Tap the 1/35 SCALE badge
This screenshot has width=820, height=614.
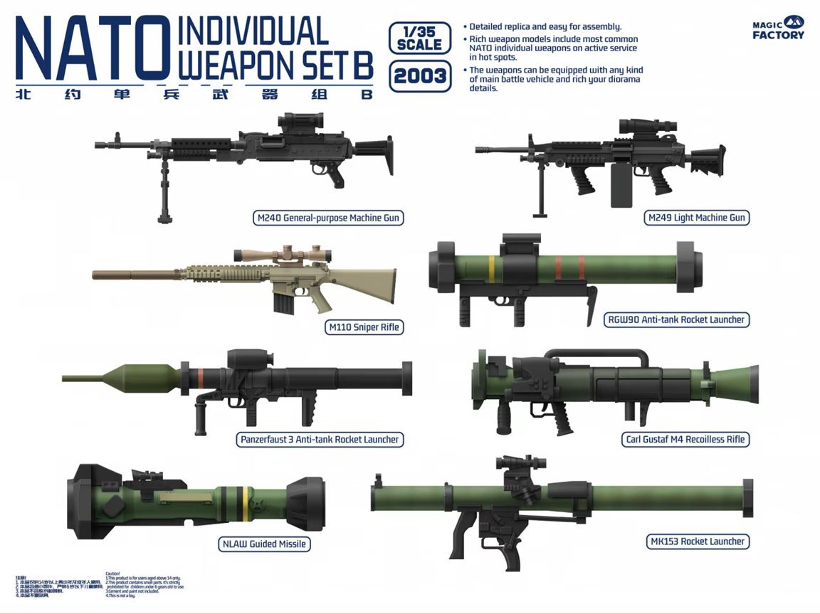[x=419, y=38]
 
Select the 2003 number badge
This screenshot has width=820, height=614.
[x=419, y=75]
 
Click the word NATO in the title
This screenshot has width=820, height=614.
[x=87, y=48]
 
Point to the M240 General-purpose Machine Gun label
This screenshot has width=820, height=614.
[x=327, y=218]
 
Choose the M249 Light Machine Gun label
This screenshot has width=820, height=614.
[x=698, y=218]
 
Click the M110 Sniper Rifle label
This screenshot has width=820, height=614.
[x=363, y=327]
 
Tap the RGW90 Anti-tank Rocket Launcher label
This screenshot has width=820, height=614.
[x=676, y=319]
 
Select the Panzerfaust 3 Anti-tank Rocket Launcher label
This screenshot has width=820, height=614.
[x=319, y=439]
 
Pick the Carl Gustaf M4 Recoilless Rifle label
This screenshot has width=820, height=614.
[x=684, y=439]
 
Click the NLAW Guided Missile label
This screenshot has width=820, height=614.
[x=263, y=544]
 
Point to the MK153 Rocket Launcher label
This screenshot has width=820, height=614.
[x=698, y=541]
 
